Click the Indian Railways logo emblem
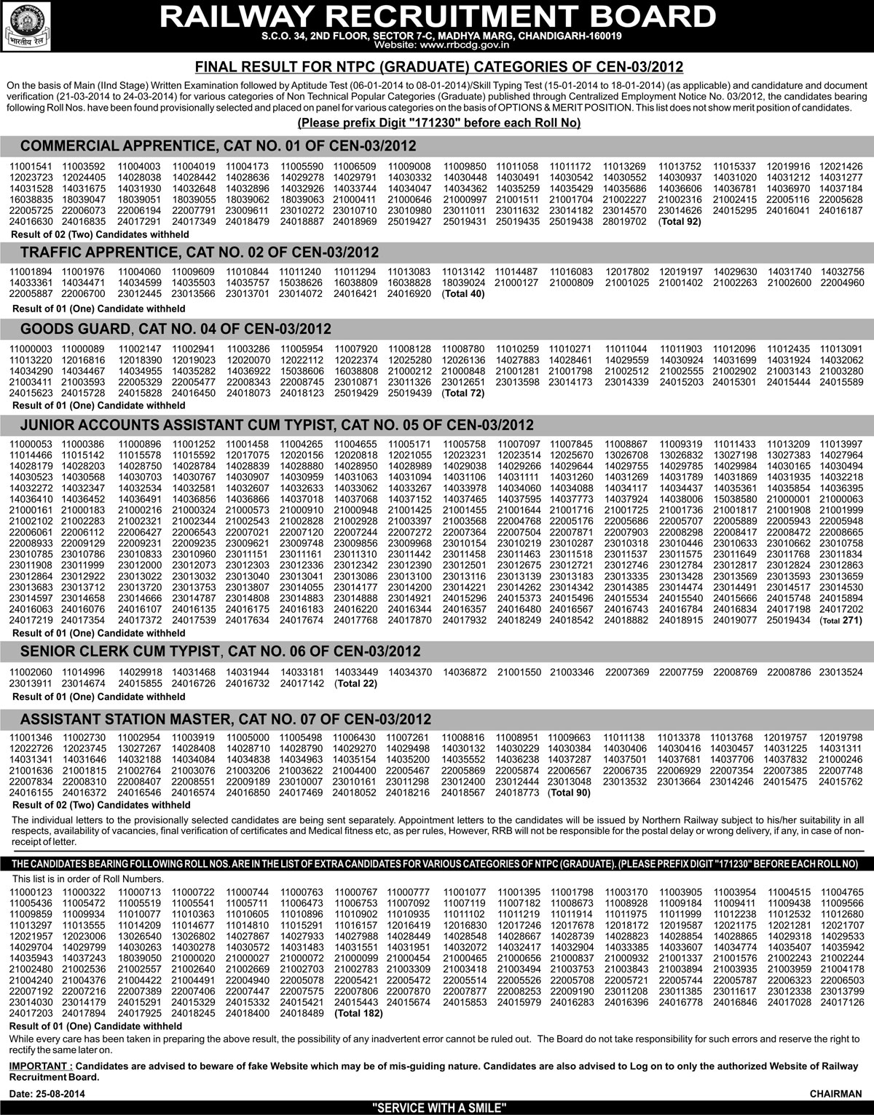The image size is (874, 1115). click(25, 24)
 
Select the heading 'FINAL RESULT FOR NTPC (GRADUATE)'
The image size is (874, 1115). click(439, 68)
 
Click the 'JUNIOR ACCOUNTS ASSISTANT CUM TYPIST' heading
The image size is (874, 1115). click(277, 425)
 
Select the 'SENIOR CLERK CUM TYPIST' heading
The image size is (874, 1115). click(221, 651)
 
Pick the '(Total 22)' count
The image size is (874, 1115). click(355, 684)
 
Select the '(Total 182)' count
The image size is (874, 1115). click(360, 1012)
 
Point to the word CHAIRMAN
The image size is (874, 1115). click(835, 1094)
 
